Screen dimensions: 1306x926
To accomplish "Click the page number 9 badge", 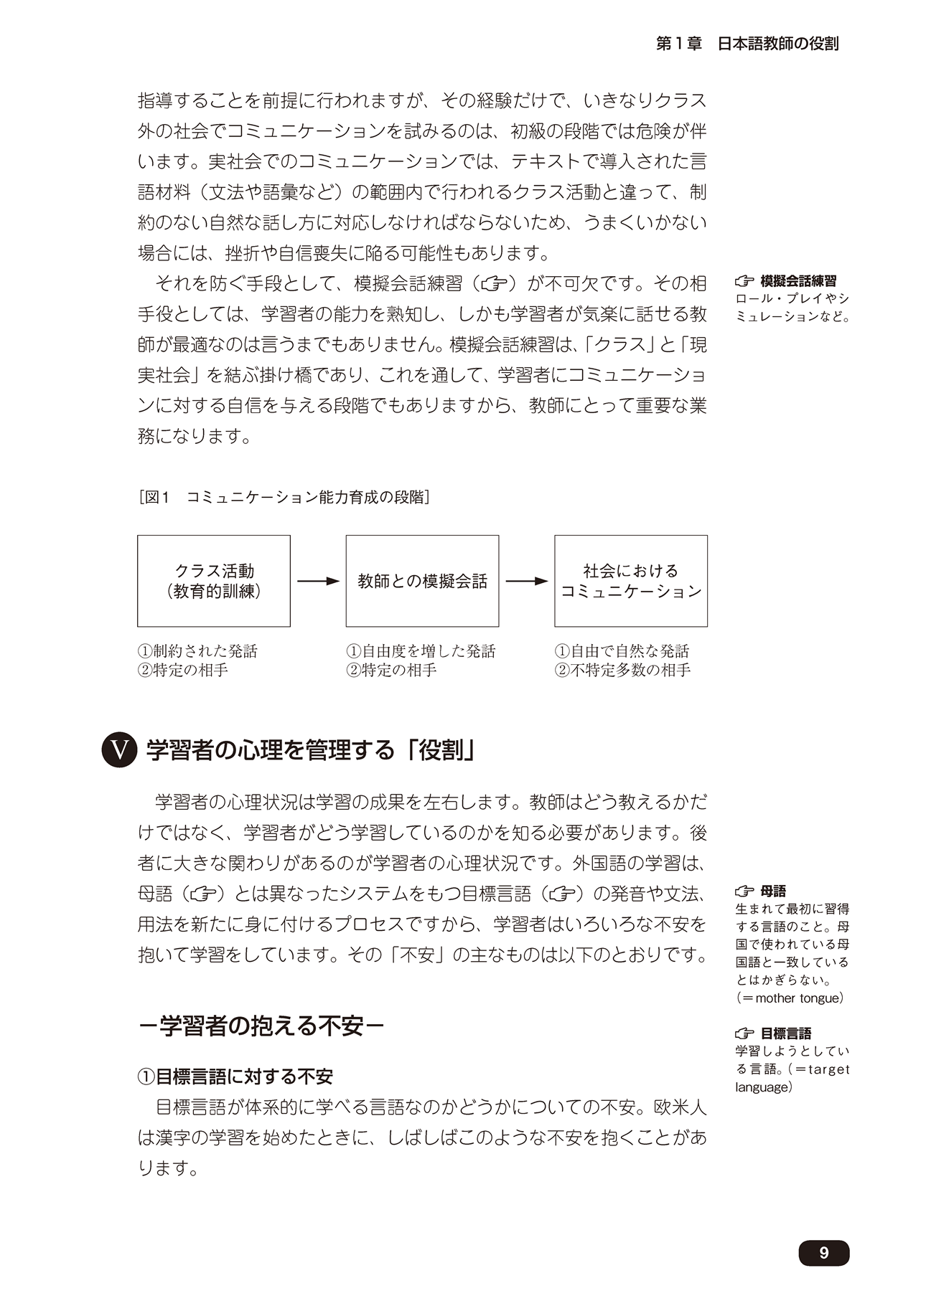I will (x=823, y=1252).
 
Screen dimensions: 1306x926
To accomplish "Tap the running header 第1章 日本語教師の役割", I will (x=747, y=44).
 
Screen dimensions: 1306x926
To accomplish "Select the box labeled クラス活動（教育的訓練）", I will (x=214, y=581).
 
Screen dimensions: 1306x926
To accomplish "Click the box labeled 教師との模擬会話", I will (x=422, y=581).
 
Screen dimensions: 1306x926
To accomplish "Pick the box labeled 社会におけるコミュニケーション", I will (x=630, y=581).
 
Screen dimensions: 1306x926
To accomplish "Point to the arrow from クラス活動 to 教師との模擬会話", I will (x=317, y=581).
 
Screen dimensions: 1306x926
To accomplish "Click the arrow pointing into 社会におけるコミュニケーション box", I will (x=526, y=581).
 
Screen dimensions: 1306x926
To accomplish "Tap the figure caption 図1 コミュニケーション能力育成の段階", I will (x=284, y=497).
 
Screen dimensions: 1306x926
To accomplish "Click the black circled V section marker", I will (x=119, y=750).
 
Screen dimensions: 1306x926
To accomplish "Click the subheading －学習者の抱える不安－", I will (x=261, y=1026).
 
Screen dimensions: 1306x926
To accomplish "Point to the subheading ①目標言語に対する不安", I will (x=235, y=1076).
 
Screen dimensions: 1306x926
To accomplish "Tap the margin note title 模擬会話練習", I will (x=798, y=281).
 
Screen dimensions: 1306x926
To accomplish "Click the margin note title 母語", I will (x=773, y=891).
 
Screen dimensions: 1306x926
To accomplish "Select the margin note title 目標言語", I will (x=786, y=1033).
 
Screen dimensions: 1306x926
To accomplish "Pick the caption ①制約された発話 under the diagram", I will (x=197, y=651).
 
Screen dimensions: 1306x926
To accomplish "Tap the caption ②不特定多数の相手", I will (x=622, y=670).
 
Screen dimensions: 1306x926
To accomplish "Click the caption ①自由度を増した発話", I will (x=421, y=651).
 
